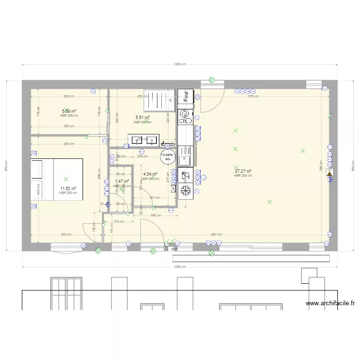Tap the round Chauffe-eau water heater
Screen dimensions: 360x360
pyautogui.click(x=168, y=156)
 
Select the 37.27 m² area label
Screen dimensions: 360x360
pyautogui.click(x=242, y=171)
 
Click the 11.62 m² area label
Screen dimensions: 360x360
pyautogui.click(x=68, y=189)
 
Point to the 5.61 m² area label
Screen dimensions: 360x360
pyautogui.click(x=143, y=118)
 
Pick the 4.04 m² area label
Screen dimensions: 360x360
pyautogui.click(x=150, y=174)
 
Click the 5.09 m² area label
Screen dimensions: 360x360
pyautogui.click(x=69, y=111)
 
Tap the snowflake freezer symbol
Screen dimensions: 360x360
pyautogui.click(x=185, y=191)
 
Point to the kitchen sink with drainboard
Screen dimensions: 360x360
pyautogui.click(x=185, y=156)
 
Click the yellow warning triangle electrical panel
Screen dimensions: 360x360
pyautogui.click(x=329, y=173)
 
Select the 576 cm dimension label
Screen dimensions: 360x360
pyautogui.click(x=253, y=96)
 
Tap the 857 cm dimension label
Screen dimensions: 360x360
pyautogui.click(x=216, y=235)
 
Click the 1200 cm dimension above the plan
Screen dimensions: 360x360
pyautogui.click(x=180, y=64)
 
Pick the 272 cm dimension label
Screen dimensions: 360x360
pyautogui.click(x=66, y=235)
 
